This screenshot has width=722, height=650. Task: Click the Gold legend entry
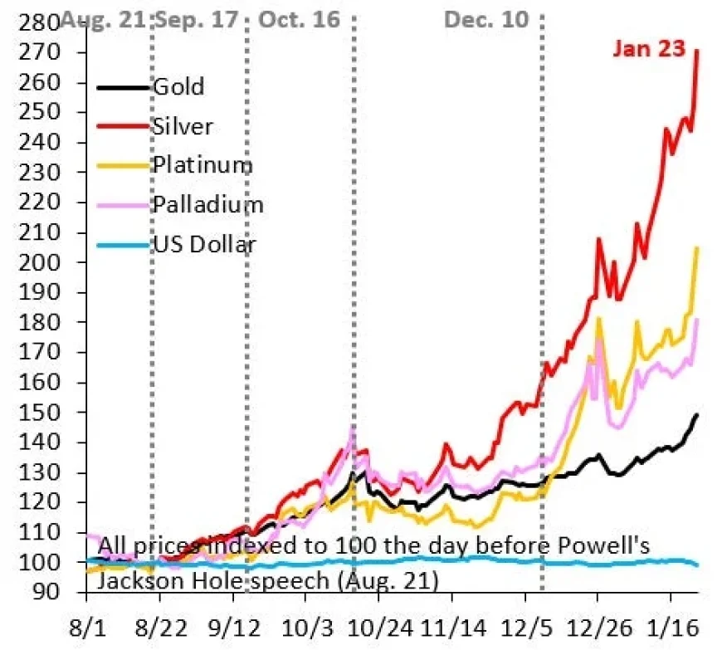pyautogui.click(x=178, y=87)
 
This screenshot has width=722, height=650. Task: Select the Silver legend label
pyautogui.click(x=182, y=126)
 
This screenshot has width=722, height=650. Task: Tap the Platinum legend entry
pyautogui.click(x=202, y=165)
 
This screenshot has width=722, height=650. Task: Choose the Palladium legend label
pyautogui.click(x=207, y=204)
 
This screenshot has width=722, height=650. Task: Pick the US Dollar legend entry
pyautogui.click(x=203, y=244)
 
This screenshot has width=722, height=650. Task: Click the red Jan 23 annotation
pyautogui.click(x=649, y=48)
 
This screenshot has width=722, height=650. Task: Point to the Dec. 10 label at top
pyautogui.click(x=486, y=19)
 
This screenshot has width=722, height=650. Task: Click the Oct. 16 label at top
pyautogui.click(x=300, y=19)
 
